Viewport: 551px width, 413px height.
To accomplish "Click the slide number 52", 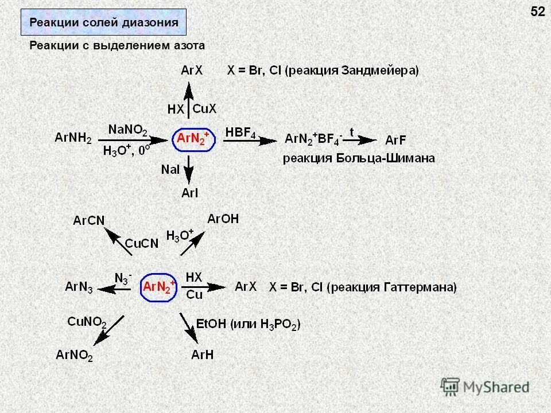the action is [538, 11].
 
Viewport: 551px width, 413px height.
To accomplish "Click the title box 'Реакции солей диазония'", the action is [104, 23].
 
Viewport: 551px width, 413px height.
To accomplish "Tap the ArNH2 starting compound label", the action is [73, 138].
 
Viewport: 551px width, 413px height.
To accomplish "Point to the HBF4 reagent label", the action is [240, 133].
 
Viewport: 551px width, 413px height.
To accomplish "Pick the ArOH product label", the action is [223, 219].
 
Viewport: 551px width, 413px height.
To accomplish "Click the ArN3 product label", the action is [79, 287].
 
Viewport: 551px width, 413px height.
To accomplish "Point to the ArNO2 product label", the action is [75, 356].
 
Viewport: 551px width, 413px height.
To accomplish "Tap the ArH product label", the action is [202, 355].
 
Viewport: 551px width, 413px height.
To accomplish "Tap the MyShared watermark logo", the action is [485, 387].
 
